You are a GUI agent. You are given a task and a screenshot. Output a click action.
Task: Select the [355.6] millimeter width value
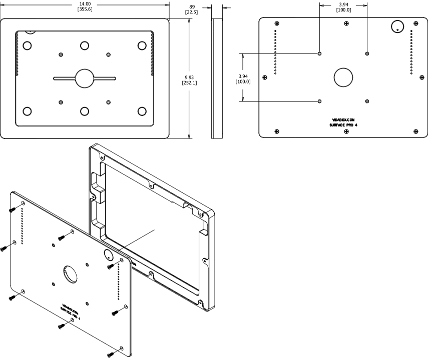pyautogui.click(x=85, y=9)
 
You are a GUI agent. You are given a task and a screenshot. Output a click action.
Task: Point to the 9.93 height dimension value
pyautogui.click(x=189, y=77)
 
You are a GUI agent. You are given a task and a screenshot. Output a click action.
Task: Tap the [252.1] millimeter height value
pyautogui.click(x=189, y=83)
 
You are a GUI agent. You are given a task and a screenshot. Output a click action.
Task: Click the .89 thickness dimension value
pyautogui.click(x=191, y=7)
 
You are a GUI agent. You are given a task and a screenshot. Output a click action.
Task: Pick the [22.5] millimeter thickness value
pyautogui.click(x=191, y=12)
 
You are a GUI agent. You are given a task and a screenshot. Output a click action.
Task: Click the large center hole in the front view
pyautogui.click(x=85, y=78)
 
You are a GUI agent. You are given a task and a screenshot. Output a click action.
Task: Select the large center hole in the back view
pyautogui.click(x=343, y=77)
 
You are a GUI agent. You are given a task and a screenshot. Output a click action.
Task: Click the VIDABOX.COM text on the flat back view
pyautogui.click(x=343, y=120)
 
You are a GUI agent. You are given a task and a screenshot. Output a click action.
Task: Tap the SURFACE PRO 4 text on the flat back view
pyautogui.click(x=343, y=125)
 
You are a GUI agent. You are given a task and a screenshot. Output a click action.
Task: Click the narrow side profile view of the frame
pyautogui.click(x=217, y=78)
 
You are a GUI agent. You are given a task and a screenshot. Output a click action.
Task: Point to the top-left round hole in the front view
pyautogui.click(x=27, y=45)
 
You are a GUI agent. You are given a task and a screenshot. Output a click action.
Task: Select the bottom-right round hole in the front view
pyautogui.click(x=142, y=111)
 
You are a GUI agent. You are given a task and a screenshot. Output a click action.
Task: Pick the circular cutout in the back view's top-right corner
pyautogui.click(x=397, y=26)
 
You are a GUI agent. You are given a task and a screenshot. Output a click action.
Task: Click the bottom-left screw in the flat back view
pyautogui.click(x=277, y=131)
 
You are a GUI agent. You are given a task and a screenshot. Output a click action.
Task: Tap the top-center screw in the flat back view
pyautogui.click(x=346, y=23)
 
